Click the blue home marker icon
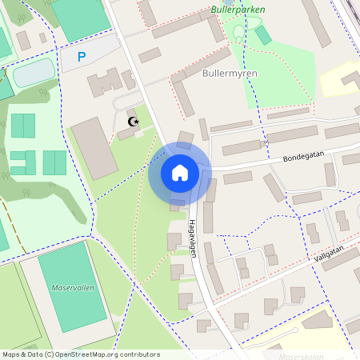pos(180,173)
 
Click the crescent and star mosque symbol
pos(134,122)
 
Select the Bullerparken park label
pos(238,10)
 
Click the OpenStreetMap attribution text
pos(80,354)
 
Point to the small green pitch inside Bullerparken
pos(262,35)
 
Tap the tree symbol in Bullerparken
pos(238,33)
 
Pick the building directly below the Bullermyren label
pos(185,97)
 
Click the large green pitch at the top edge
pos(80,16)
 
